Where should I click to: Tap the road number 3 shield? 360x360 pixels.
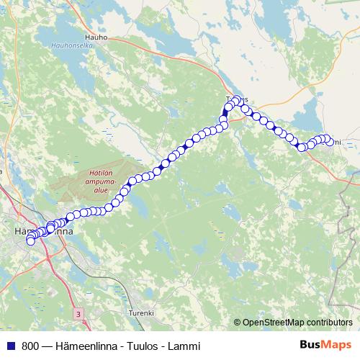coord(78,315)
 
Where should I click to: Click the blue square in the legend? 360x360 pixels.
coord(11,346)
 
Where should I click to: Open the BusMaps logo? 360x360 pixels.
coord(325,345)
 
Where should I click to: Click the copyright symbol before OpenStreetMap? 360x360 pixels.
coord(237,323)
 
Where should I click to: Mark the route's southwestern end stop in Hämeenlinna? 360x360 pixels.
coord(31,241)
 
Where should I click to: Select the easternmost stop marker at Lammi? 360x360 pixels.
coord(330,143)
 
